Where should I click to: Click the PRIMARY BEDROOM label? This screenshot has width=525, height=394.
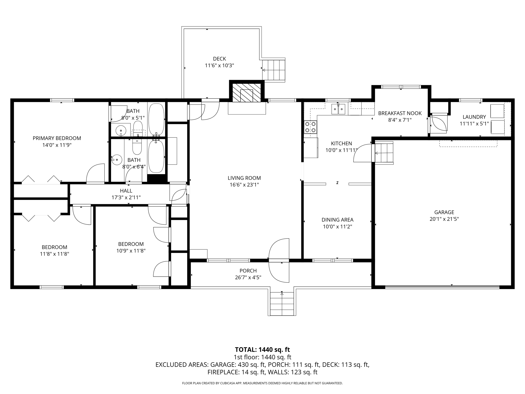pos(57,138)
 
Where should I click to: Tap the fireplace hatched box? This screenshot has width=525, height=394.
pos(246,93)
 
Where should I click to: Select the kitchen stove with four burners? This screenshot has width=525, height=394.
pos(310,127)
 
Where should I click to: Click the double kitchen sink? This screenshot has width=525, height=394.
pos(338,109)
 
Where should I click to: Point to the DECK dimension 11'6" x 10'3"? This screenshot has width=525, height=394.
pos(219,66)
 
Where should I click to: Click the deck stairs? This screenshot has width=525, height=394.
pos(274,70)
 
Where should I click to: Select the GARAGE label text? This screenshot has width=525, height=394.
pos(444,212)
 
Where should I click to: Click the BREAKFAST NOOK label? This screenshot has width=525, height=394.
pos(400,113)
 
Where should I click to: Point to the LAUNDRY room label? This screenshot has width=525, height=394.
pos(474,117)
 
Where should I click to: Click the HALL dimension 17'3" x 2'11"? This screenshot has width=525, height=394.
pos(126,198)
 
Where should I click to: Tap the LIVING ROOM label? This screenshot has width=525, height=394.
pos(244,178)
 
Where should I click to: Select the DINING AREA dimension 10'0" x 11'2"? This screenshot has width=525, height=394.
pos(337,227)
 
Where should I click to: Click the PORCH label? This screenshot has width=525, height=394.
pos(248,271)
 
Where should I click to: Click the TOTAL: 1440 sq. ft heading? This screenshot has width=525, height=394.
pos(262,350)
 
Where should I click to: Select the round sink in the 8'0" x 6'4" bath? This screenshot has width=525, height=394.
pos(117,160)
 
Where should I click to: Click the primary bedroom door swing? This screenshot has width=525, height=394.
pos(95,174)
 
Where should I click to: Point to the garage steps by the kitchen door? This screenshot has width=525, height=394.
pos(384,153)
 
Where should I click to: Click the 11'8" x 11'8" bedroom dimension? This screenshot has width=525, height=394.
pos(54,254)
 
